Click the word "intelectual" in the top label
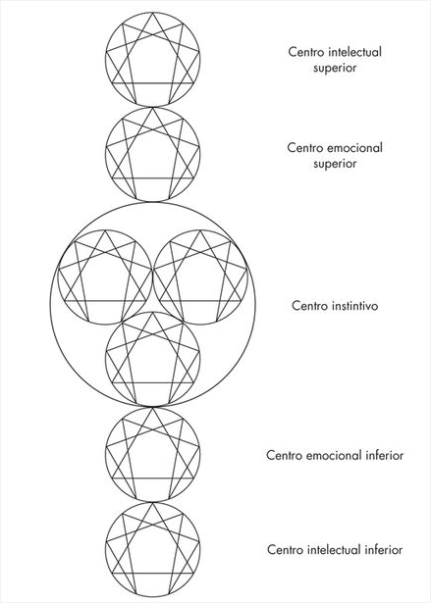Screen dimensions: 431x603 click(x=354, y=52)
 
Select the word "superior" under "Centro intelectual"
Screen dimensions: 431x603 click(x=335, y=68)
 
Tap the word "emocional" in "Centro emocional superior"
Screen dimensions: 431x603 click(x=355, y=148)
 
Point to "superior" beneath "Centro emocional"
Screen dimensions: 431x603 click(x=335, y=164)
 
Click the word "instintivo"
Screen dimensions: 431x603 click(x=354, y=306)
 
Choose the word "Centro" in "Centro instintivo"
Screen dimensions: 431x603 click(x=309, y=306)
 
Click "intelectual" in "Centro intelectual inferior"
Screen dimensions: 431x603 click(x=335, y=549)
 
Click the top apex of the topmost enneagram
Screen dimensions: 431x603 click(x=153, y=13)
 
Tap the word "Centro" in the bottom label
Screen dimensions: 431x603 click(x=285, y=549)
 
